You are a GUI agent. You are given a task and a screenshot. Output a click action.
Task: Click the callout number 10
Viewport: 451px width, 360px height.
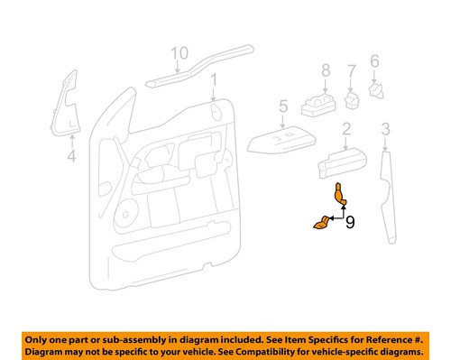[x=179, y=53]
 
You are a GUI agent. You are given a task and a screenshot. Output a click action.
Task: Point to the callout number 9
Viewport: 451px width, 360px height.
[x=349, y=219]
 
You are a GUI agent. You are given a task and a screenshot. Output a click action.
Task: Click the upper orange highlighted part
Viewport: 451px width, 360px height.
[x=340, y=194]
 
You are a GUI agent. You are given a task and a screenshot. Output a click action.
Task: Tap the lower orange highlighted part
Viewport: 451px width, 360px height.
[x=322, y=224]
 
